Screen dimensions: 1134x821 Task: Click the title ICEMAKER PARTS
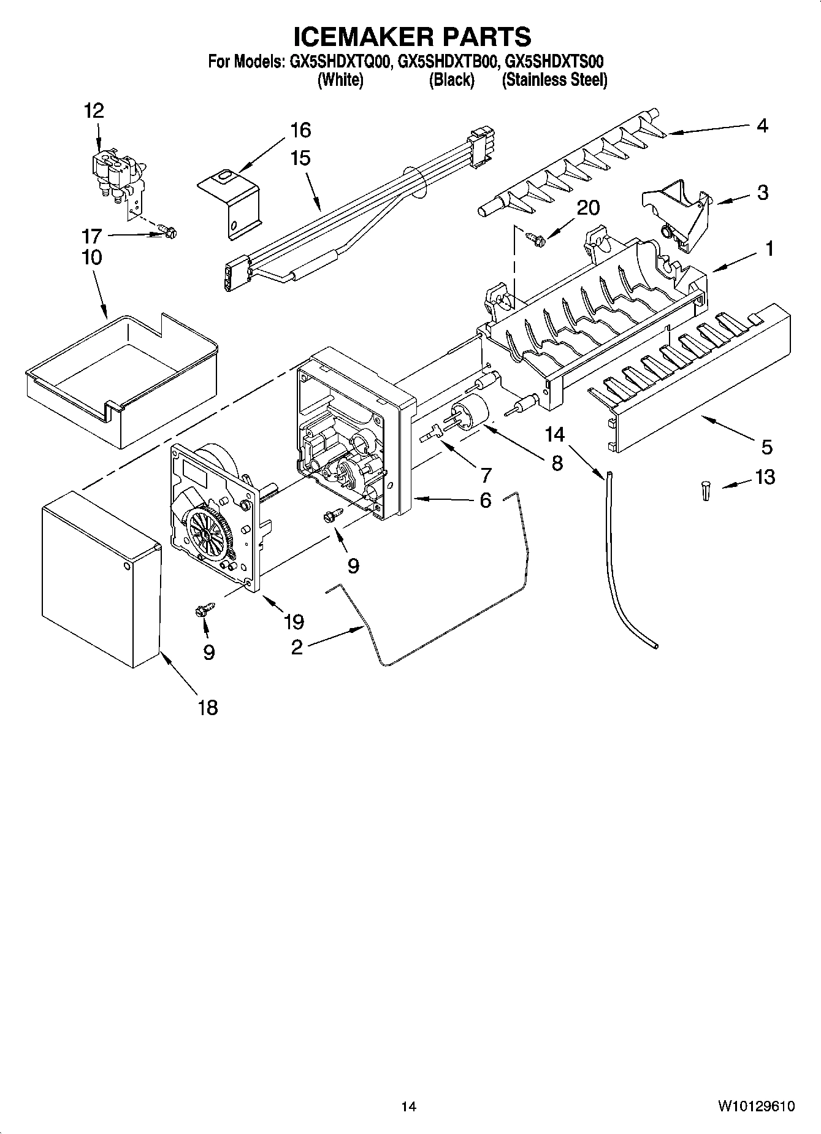[412, 36]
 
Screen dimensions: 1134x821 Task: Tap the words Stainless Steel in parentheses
[554, 80]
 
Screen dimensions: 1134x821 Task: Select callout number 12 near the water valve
[94, 111]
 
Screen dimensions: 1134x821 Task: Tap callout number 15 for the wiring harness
[300, 158]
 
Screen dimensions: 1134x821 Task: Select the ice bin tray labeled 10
[123, 380]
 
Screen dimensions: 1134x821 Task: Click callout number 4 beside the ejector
[762, 126]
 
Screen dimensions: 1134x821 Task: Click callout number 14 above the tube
[555, 434]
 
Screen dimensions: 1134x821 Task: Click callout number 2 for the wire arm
[297, 646]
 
